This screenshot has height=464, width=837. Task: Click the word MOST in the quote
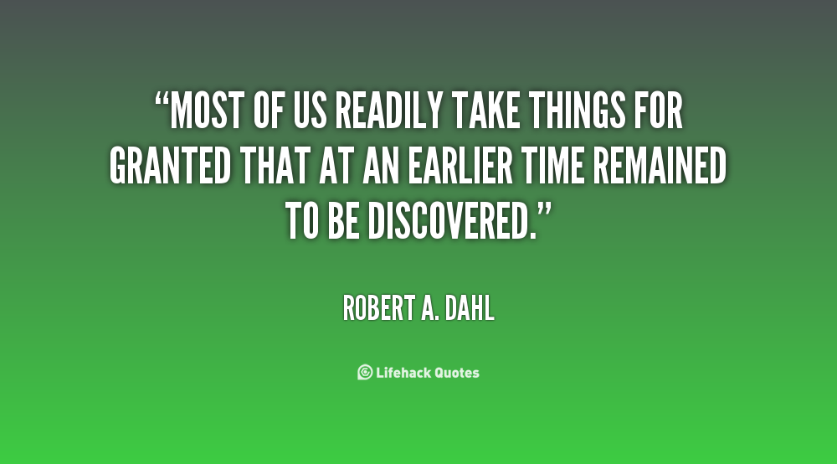tap(207, 111)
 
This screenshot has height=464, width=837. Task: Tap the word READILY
tap(389, 111)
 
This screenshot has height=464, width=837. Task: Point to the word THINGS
tap(577, 111)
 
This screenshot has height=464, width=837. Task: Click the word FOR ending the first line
tap(659, 111)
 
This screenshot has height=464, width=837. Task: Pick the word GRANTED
tap(170, 166)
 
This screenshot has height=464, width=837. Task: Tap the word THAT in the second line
tap(275, 166)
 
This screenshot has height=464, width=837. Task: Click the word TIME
tap(552, 166)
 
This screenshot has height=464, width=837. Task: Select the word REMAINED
tap(660, 166)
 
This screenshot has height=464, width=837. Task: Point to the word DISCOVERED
tap(452, 221)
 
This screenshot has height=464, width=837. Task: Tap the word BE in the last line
tap(342, 221)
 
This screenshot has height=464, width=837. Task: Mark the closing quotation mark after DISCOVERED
tap(544, 210)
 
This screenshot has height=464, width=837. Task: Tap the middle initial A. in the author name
tap(431, 308)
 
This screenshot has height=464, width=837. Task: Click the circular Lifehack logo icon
tap(365, 372)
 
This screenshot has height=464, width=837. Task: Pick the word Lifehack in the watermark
tap(403, 373)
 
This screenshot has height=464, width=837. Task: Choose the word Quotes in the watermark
tap(457, 373)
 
